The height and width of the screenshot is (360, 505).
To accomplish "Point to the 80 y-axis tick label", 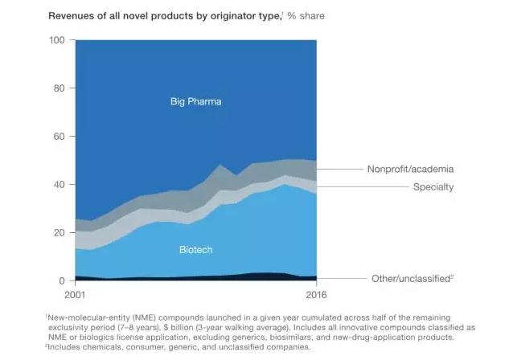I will (x=58, y=88).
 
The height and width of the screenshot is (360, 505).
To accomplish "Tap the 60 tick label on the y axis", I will (x=58, y=137).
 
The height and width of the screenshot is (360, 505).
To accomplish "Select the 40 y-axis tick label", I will (x=58, y=185).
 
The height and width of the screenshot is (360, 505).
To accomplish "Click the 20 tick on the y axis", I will (x=58, y=233).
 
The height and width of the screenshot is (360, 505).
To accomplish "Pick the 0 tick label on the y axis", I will (x=61, y=281).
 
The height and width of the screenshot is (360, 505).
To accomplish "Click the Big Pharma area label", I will (x=195, y=102).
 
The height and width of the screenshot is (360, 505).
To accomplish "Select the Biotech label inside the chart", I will (x=195, y=250).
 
